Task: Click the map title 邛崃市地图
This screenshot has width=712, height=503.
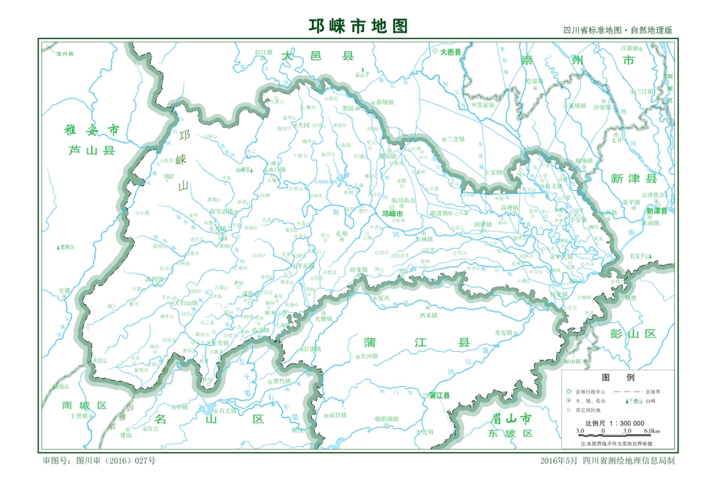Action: pos(358,26)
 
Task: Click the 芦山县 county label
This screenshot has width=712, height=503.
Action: pos(91,150)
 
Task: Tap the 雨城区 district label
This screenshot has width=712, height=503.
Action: pos(84,405)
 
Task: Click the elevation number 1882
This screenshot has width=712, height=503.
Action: pos(169,176)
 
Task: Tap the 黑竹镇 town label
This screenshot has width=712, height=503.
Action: pos(282,381)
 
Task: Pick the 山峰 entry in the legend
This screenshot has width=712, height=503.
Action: pos(649,401)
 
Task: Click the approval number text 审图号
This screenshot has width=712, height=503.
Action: pos(99,461)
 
